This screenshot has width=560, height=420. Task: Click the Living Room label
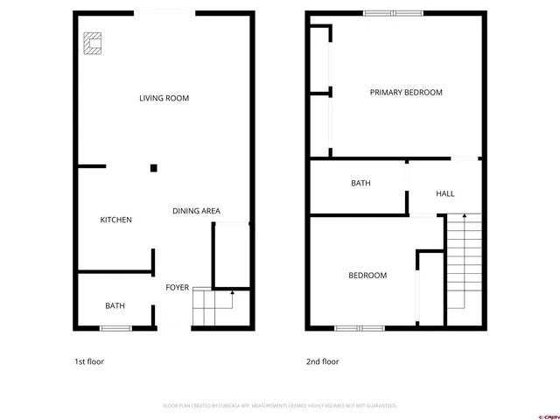click(x=164, y=98)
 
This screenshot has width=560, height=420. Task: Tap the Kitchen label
click(x=115, y=220)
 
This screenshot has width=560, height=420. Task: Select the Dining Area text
click(x=196, y=211)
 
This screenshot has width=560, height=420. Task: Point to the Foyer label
click(x=178, y=287)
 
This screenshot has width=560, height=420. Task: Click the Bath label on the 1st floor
click(x=115, y=305)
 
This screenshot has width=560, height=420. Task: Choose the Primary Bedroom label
click(x=406, y=92)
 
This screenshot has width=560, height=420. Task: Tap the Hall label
click(x=444, y=193)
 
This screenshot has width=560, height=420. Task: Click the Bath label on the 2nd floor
click(x=360, y=183)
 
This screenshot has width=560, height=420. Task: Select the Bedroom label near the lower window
click(x=367, y=276)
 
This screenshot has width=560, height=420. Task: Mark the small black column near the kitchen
click(x=153, y=167)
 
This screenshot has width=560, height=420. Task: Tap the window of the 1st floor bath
click(x=115, y=328)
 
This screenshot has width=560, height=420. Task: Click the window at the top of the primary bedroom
click(x=393, y=13)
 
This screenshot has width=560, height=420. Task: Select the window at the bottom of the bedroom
click(x=360, y=328)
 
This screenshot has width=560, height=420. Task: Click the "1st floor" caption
click(x=89, y=361)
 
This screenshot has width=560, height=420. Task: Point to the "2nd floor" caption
click(x=322, y=361)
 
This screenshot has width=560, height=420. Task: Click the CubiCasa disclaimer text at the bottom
click(x=280, y=406)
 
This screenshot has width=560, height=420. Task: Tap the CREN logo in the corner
click(x=548, y=416)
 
